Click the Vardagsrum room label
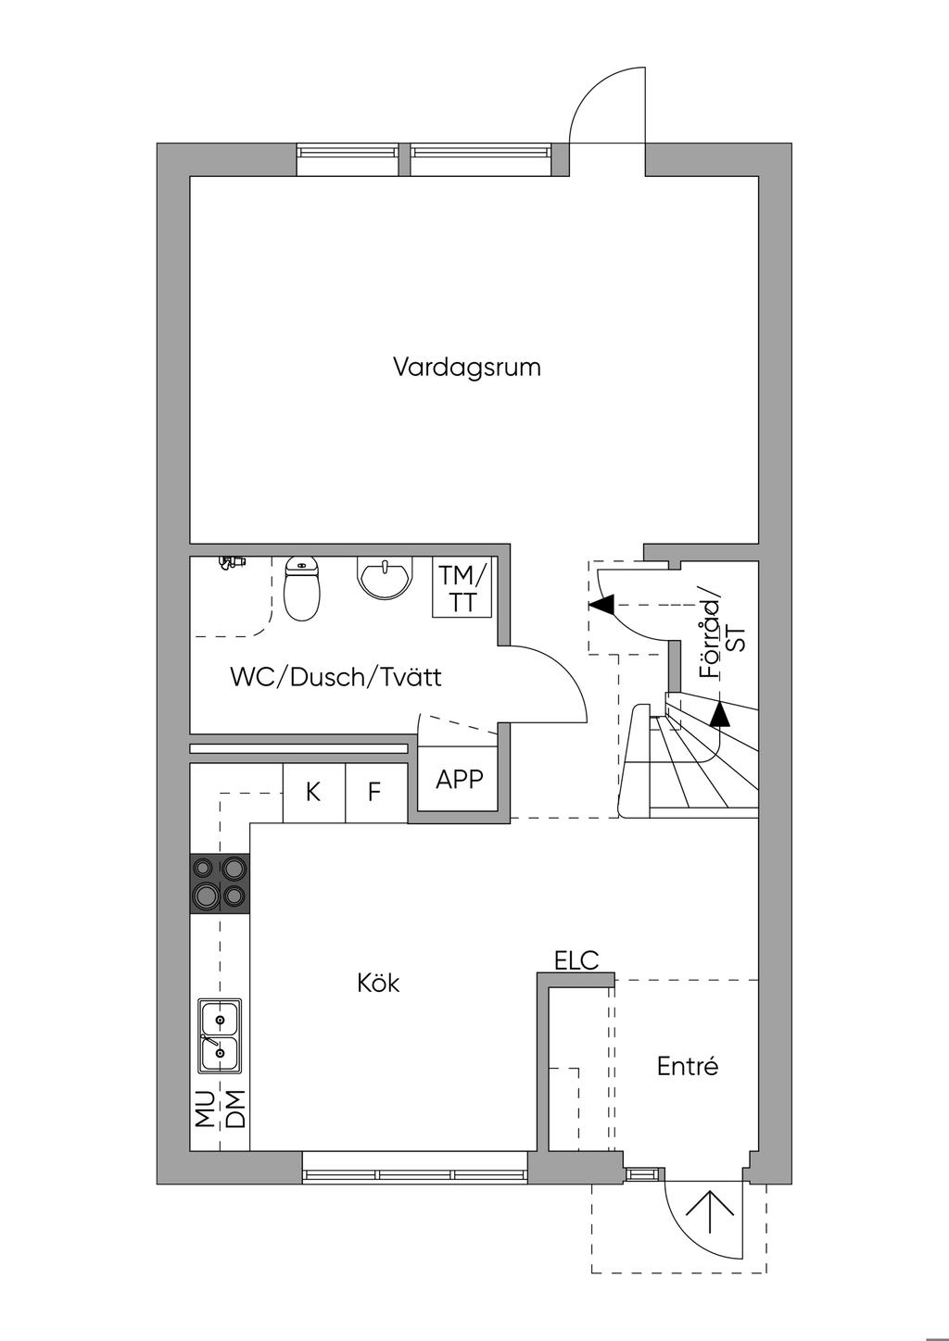pyautogui.click(x=467, y=367)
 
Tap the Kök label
pyautogui.click(x=378, y=983)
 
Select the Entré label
pyautogui.click(x=687, y=1066)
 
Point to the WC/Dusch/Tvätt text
pyautogui.click(x=335, y=677)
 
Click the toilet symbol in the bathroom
pyautogui.click(x=302, y=588)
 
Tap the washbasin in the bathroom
pyautogui.click(x=386, y=578)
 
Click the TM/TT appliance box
pyautogui.click(x=462, y=587)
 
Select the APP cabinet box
pyautogui.click(x=458, y=779)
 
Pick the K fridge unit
pyautogui.click(x=314, y=793)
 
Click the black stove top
pyautogui.click(x=220, y=883)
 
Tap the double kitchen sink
pyautogui.click(x=220, y=1037)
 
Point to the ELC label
pyautogui.click(x=576, y=960)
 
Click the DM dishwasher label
pyautogui.click(x=236, y=1109)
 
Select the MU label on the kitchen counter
pyautogui.click(x=206, y=1109)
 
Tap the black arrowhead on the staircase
pyautogui.click(x=720, y=714)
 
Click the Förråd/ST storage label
pyautogui.click(x=722, y=638)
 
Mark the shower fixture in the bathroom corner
pyautogui.click(x=233, y=562)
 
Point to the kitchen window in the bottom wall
pyautogui.click(x=414, y=1168)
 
